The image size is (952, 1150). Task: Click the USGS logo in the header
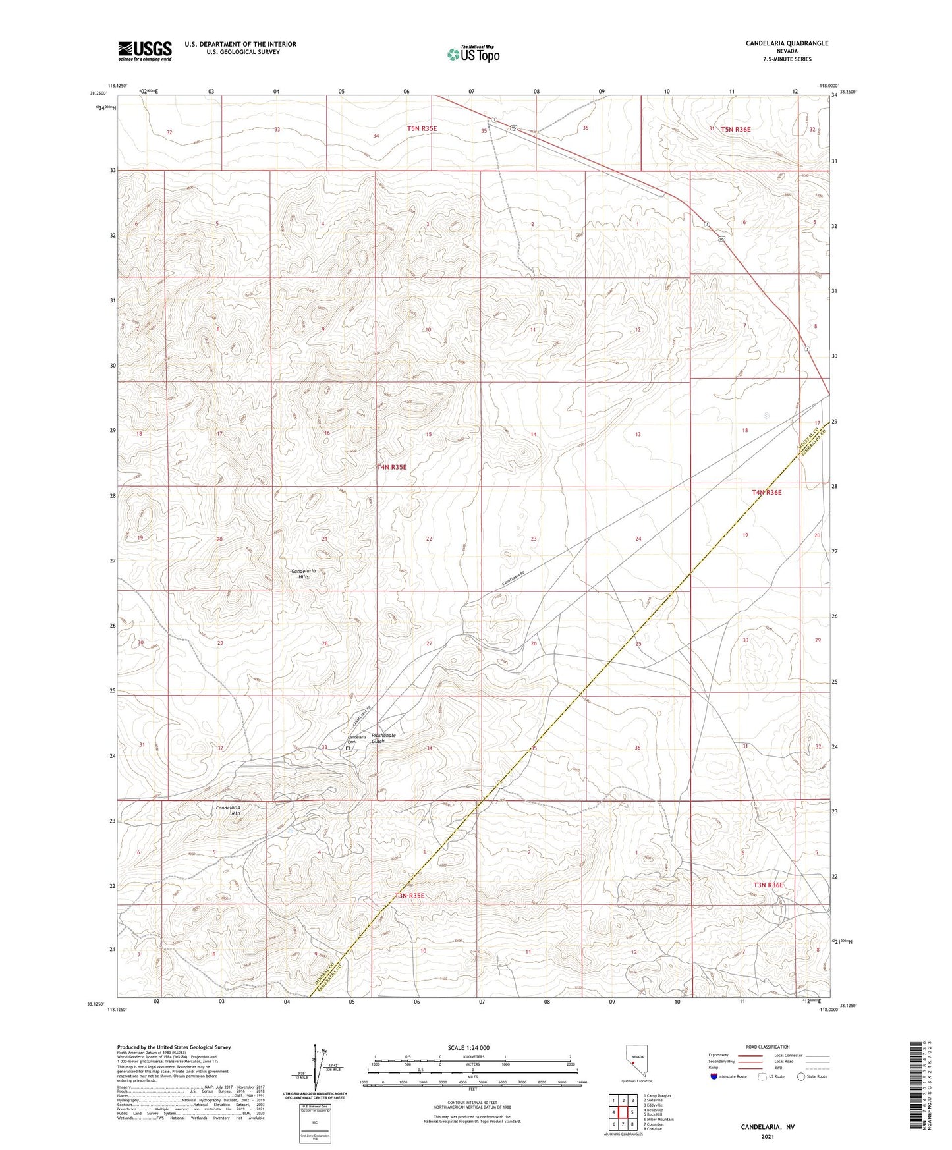[144, 51]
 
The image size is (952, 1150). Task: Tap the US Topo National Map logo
[472, 54]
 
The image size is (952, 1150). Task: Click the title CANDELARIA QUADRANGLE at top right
[787, 43]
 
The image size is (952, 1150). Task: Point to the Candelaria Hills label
[304, 573]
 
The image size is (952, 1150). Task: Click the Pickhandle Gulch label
[383, 738]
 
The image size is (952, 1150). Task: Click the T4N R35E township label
[391, 467]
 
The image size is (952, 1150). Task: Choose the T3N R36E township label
[768, 885]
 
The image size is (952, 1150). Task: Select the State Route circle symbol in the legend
[801, 1076]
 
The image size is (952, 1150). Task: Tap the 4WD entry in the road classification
[779, 1069]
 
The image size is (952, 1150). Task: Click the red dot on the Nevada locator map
[633, 1062]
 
